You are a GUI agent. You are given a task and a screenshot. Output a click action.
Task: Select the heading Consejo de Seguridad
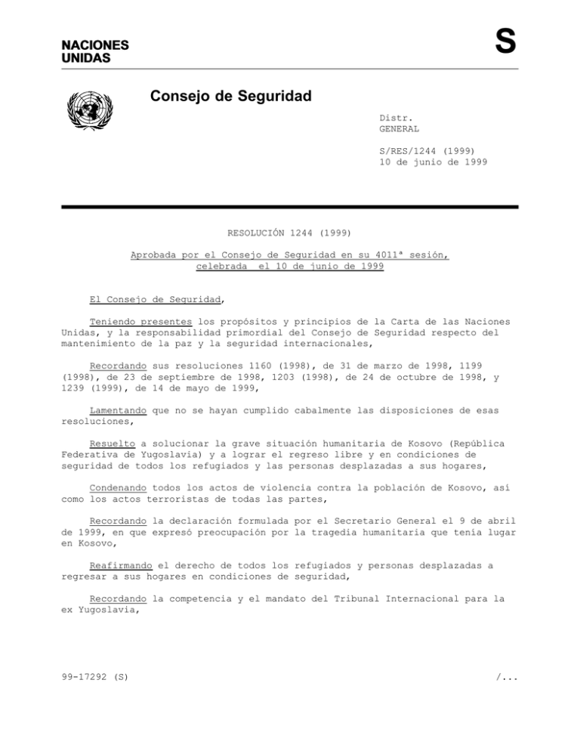point(230,97)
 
